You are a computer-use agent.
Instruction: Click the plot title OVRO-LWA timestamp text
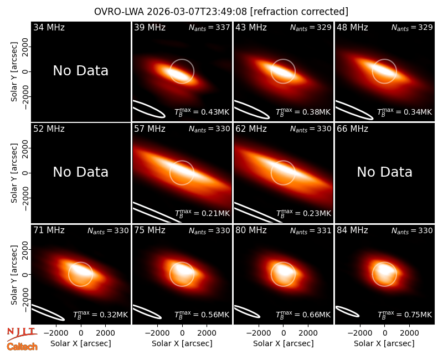pyautogui.click(x=221, y=12)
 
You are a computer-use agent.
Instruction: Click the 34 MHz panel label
pyautogui.click(x=49, y=27)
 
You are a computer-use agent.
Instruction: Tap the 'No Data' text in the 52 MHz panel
pyautogui.click(x=81, y=172)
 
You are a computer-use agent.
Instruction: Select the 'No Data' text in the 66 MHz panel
pyautogui.click(x=384, y=172)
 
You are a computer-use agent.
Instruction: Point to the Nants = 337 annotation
pyautogui.click(x=209, y=27)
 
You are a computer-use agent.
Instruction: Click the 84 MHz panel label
pyautogui.click(x=352, y=230)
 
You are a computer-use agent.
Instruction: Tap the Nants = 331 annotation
pyautogui.click(x=311, y=230)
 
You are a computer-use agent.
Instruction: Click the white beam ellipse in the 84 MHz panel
pyautogui.click(x=347, y=311)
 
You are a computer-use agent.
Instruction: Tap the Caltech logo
pyautogui.click(x=22, y=347)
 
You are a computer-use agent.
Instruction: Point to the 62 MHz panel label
pyautogui.click(x=251, y=129)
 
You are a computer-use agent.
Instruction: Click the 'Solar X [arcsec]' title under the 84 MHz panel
pyautogui.click(x=384, y=343)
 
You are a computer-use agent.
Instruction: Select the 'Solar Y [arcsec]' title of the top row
pyautogui.click(x=14, y=72)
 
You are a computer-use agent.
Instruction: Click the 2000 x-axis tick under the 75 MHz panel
pyautogui.click(x=207, y=333)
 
